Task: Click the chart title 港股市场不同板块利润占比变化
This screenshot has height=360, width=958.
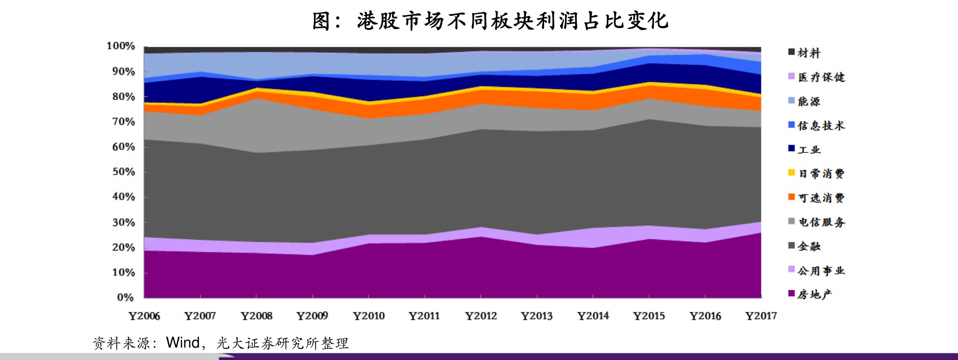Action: (x=490, y=21)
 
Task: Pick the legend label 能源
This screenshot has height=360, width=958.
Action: (x=809, y=101)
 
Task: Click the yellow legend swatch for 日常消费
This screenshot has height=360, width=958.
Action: (x=791, y=173)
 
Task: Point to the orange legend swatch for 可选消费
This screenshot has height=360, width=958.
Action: (x=791, y=197)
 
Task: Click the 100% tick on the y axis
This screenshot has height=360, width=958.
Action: (x=121, y=46)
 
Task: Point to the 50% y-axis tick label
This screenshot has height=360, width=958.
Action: (x=123, y=172)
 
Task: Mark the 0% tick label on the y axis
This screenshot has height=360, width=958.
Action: (x=125, y=297)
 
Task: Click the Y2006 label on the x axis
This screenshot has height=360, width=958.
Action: (x=144, y=317)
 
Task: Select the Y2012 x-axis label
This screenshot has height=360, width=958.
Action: (x=481, y=317)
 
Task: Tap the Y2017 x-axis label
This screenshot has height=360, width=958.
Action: (x=761, y=317)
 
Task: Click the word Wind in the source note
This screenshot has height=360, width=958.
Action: (x=183, y=343)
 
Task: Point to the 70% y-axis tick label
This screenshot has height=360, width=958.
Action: (x=123, y=122)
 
